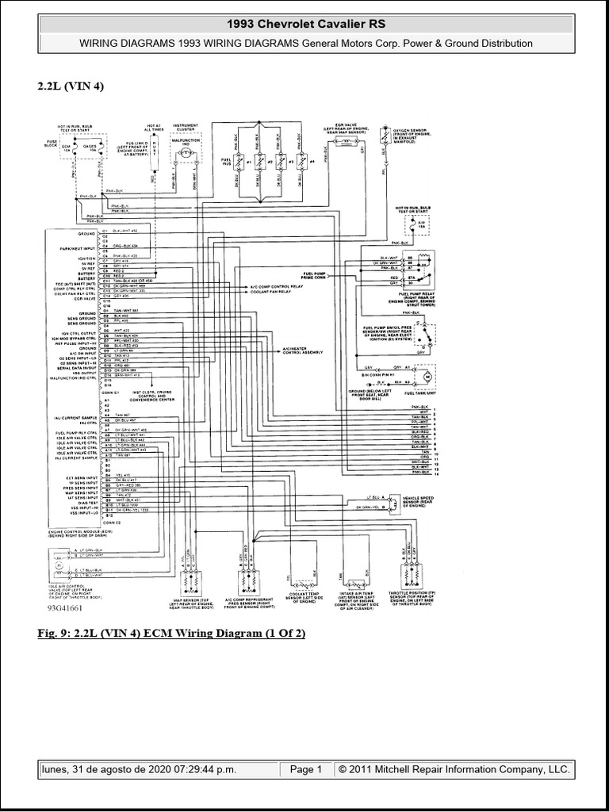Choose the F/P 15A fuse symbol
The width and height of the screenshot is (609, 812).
[422, 224]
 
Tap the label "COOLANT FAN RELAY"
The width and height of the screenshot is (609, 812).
[259, 291]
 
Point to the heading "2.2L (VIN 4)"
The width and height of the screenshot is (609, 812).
[71, 86]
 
